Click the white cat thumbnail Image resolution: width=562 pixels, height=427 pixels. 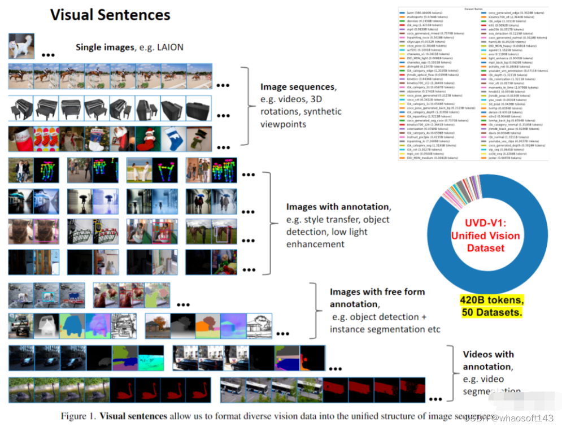[21, 46]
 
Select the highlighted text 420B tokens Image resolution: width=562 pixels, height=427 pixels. [492, 299]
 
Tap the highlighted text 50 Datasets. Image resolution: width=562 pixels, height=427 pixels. [492, 311]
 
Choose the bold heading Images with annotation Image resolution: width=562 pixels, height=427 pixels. [337, 207]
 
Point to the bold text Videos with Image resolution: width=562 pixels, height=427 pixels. [488, 354]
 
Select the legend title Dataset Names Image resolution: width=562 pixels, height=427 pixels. [472, 9]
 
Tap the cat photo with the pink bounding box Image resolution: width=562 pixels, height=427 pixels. [46, 232]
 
